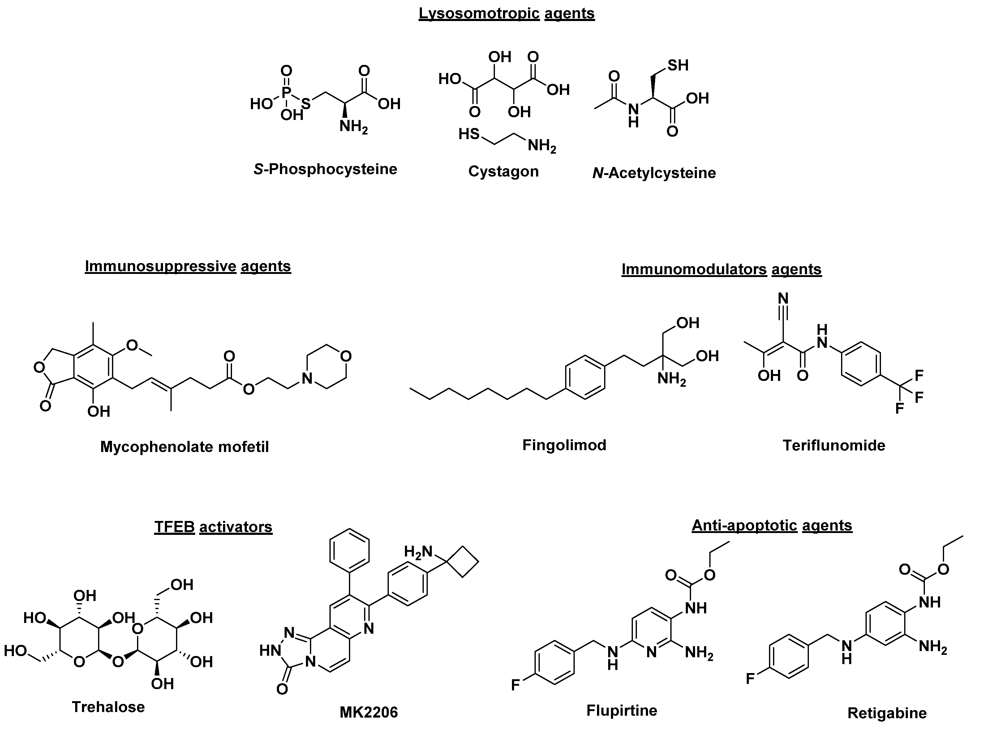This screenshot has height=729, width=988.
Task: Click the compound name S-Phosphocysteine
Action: [325, 169]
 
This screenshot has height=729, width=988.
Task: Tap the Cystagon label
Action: [503, 171]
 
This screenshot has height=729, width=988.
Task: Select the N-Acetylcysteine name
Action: [654, 173]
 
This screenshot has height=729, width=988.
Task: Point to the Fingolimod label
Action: [564, 445]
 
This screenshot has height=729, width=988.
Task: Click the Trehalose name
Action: [108, 707]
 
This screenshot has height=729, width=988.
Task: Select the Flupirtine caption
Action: [621, 710]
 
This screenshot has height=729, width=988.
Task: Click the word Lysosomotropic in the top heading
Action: [479, 13]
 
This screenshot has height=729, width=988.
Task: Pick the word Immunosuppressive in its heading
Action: [160, 266]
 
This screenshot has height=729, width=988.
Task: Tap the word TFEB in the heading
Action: [174, 527]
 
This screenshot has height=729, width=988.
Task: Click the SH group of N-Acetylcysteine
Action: [678, 65]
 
